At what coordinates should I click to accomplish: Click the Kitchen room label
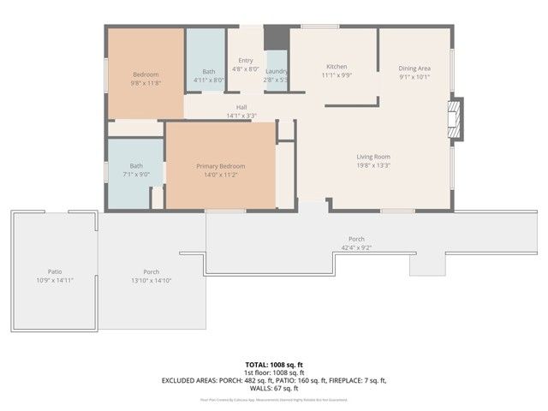point(336,67)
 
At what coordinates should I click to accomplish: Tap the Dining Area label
point(414,68)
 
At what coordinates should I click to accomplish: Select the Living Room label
point(373,157)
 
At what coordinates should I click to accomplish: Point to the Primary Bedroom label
point(220,166)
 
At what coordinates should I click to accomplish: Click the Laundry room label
point(276,72)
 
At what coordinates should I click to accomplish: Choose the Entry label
point(246,61)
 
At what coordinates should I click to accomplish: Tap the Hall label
point(241,107)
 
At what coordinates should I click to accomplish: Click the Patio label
point(55,271)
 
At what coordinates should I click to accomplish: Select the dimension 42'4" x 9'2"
point(356,248)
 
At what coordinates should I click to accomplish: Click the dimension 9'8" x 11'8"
point(145,84)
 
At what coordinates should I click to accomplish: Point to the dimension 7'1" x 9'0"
point(136,175)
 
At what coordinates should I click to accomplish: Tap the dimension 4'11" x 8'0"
point(208,80)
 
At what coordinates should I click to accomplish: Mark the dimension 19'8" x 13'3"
point(373,166)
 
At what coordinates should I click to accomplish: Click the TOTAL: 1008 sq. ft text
point(273,363)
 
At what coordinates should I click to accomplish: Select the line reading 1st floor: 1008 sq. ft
point(273,372)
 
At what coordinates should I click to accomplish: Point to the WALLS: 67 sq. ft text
point(273,389)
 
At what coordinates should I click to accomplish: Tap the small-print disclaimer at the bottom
point(273,399)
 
